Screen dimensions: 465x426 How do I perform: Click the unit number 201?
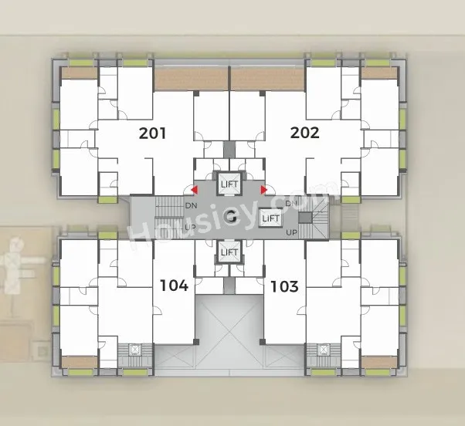(x=152, y=133)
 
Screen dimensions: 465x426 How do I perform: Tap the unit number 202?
(x=305, y=133)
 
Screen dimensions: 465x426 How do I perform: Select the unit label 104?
(x=174, y=286)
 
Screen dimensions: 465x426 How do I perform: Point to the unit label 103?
(x=284, y=286)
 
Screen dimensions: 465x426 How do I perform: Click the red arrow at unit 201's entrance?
(x=194, y=190)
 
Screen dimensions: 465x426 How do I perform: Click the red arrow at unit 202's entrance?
(x=264, y=190)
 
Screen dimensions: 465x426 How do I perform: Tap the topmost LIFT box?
(x=229, y=184)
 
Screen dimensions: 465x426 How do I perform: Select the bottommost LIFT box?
(x=229, y=252)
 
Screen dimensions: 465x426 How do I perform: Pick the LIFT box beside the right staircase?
(x=270, y=218)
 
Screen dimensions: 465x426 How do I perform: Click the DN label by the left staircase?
(x=192, y=205)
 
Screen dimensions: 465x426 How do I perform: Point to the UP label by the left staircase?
(x=191, y=227)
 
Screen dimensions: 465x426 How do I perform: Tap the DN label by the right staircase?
(x=291, y=203)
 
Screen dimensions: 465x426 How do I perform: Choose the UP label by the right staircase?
(x=291, y=232)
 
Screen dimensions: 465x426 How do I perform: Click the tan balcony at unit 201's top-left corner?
(x=80, y=73)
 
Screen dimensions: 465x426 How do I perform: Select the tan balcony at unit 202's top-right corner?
(x=379, y=73)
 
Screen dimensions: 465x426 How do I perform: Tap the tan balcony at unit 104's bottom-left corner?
(x=80, y=362)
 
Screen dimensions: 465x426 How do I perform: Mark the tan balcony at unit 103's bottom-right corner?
(x=379, y=362)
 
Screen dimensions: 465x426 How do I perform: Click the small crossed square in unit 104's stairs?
(x=135, y=350)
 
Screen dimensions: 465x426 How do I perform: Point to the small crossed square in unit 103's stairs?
(x=323, y=350)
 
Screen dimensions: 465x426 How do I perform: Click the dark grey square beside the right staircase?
(x=305, y=218)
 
